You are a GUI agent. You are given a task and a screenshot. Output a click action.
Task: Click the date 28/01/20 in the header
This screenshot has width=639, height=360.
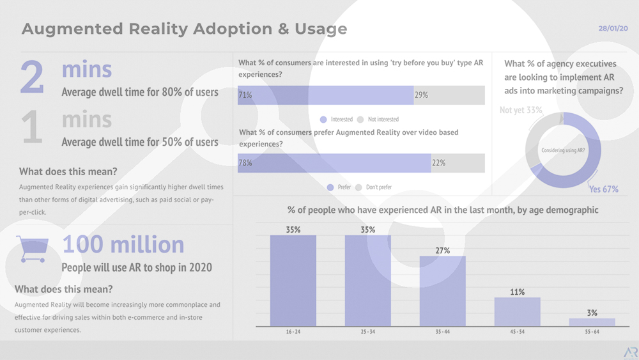613,29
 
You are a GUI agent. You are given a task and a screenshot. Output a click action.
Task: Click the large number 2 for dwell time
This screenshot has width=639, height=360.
32,78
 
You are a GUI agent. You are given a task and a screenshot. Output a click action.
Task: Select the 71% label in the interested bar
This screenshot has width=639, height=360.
245,95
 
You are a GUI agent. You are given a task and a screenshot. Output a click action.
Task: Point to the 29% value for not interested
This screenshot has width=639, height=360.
421,95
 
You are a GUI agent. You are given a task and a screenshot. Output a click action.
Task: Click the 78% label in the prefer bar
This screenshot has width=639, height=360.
245,163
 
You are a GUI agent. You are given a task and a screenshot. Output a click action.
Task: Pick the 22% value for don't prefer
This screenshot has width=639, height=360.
438,163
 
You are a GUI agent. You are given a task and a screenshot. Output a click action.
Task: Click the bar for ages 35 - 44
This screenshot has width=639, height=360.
443,291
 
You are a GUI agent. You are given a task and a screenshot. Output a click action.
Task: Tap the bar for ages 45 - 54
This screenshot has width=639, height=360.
518,311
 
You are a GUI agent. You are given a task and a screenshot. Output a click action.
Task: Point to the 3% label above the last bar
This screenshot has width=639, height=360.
592,313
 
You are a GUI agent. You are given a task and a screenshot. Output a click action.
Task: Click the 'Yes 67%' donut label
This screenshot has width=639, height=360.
603,189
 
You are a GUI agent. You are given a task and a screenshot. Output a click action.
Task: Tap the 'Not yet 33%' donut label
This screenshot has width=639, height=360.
521,110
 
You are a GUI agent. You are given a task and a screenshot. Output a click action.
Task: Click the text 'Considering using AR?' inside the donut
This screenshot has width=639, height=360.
563,150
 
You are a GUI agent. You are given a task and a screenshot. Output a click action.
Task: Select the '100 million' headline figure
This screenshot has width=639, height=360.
123,244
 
